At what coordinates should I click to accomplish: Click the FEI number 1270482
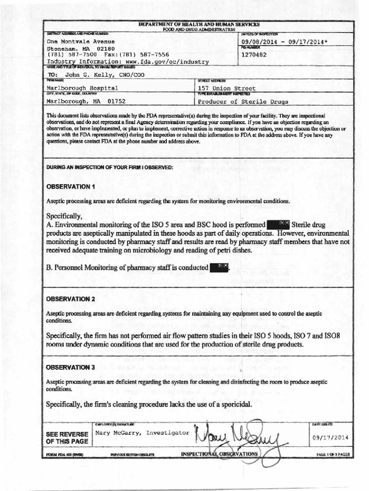click(254, 55)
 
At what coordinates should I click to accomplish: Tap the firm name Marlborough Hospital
click(82, 88)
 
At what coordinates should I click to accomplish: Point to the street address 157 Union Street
click(227, 88)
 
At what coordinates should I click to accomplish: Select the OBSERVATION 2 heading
click(70, 299)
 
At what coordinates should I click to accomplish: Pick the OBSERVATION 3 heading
click(70, 367)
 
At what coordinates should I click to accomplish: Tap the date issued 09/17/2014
click(330, 438)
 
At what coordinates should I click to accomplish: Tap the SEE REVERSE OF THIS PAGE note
click(67, 437)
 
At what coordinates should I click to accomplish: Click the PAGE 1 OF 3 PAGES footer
click(333, 455)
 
